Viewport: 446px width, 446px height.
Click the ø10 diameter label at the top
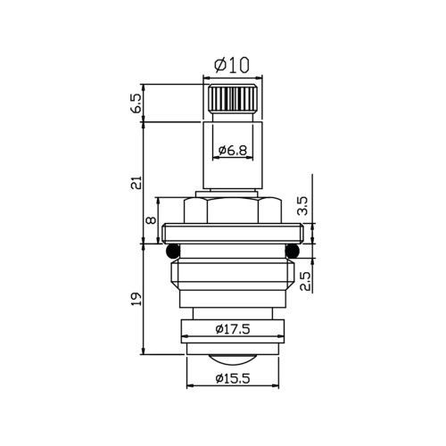pos(232,65)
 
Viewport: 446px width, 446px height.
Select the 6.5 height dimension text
pos(136,103)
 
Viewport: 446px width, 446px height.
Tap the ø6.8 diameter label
pos(233,151)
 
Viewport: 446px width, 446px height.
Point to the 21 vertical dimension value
pos(136,182)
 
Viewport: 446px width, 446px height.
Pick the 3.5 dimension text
pos(304,206)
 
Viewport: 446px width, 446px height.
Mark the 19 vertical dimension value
pos(136,299)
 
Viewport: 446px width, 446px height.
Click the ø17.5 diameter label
pos(233,329)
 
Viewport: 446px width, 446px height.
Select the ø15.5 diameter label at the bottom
pos(233,378)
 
